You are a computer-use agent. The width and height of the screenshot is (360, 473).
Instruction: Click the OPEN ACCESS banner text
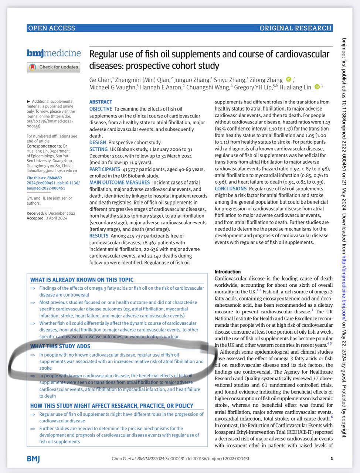51,28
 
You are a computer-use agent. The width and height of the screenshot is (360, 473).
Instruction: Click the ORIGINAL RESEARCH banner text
295,28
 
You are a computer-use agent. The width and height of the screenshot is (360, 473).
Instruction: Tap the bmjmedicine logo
54,53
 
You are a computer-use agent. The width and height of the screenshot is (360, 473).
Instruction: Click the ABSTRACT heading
101,102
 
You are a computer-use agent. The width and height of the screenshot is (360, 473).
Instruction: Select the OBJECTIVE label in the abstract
101,109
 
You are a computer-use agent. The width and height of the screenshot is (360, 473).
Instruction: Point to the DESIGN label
98,142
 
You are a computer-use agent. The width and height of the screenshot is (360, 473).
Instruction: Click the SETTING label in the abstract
98,149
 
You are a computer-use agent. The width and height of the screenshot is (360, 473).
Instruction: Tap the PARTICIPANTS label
105,169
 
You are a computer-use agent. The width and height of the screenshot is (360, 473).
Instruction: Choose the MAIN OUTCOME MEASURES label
119,183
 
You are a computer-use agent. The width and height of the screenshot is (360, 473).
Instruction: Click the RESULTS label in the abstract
99,236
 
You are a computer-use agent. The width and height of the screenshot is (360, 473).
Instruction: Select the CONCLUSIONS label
231,189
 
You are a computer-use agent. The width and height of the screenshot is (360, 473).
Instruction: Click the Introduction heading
228,272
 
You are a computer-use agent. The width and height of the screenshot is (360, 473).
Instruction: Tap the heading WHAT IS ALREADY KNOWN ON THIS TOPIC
82,280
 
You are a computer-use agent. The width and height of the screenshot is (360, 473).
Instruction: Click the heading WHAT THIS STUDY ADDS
60,346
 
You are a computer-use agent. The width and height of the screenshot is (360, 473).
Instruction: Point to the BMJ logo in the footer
33,459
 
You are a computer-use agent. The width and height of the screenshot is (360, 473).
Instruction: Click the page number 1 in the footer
332,459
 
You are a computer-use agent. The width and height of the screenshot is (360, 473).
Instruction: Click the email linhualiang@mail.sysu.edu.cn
52,171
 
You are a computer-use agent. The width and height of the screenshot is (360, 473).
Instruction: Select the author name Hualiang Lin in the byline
296,87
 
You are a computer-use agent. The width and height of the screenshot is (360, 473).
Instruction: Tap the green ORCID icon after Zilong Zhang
289,79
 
